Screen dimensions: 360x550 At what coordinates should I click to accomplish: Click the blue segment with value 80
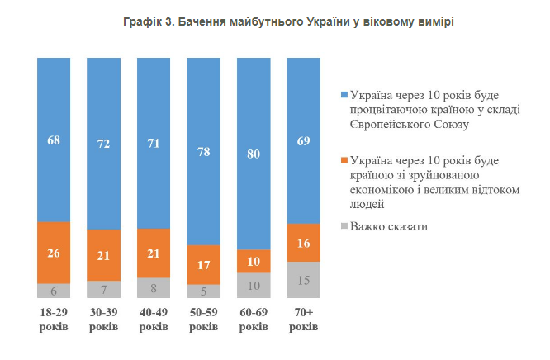254,153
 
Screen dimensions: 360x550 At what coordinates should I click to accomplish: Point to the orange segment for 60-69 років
254,260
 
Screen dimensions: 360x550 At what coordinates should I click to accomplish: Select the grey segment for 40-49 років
154,287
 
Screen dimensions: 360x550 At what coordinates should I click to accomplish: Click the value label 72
104,143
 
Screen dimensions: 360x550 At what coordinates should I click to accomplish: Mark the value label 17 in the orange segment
204,264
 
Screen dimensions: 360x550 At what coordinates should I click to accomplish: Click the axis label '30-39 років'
104,320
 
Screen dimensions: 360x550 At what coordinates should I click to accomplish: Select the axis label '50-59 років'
204,320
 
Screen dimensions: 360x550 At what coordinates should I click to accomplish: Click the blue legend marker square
344,94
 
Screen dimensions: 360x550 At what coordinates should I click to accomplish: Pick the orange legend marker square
344,160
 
